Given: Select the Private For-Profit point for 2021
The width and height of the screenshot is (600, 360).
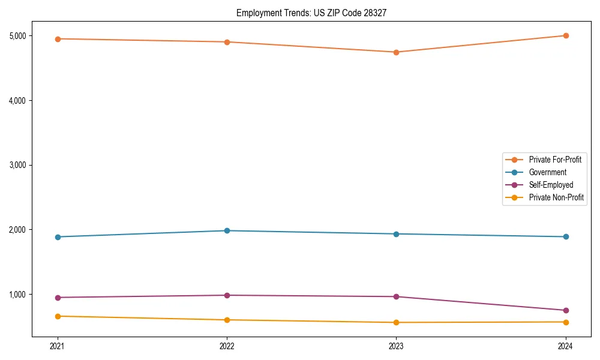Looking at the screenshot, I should click(x=58, y=39).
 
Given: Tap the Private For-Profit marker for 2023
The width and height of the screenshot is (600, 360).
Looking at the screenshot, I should click(x=396, y=52).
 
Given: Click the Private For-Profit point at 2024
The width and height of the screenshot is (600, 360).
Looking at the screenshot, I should click(x=565, y=35).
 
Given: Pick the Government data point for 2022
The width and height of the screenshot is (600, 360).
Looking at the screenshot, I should click(x=227, y=230).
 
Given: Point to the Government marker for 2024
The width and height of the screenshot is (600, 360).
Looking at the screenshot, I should click(x=565, y=237).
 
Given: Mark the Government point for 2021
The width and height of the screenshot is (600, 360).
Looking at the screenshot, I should click(x=58, y=237).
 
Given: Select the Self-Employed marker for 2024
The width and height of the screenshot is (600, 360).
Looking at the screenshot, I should click(x=565, y=310).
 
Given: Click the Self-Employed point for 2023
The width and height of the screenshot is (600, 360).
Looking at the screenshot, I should click(x=396, y=296).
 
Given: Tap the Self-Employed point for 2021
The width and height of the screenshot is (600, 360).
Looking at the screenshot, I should click(x=58, y=298).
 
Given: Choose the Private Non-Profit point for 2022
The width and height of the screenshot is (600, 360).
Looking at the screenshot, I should click(x=227, y=320).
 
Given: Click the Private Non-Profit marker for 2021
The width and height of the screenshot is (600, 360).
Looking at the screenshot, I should click(x=58, y=316).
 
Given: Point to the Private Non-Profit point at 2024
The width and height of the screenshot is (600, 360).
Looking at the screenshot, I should click(x=565, y=322).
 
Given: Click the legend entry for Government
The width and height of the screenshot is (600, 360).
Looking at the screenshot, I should click(x=547, y=172).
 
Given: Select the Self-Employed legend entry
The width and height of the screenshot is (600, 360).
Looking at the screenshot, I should click(x=551, y=185).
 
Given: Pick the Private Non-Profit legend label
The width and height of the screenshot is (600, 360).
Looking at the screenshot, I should click(x=556, y=197).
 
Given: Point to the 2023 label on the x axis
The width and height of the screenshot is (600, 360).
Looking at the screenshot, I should click(x=396, y=346).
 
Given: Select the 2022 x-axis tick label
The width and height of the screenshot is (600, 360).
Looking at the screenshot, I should click(x=227, y=346).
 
